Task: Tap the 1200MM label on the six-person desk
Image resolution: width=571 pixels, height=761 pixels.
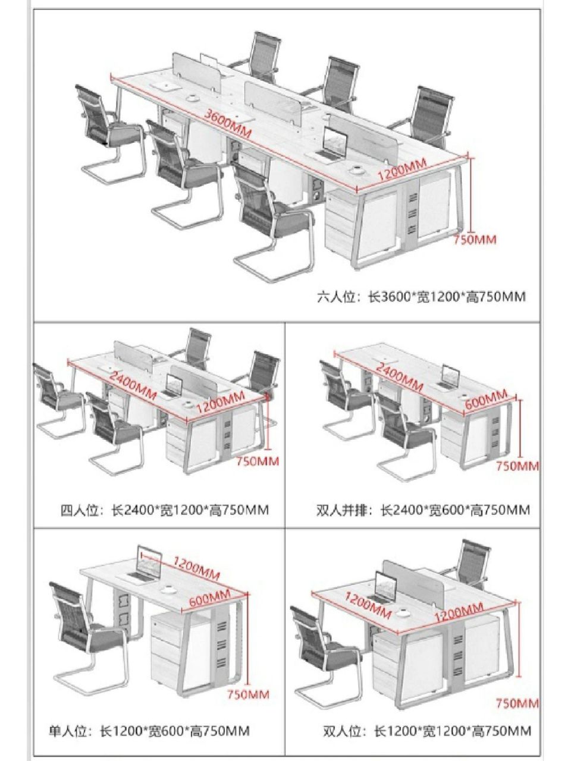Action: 402,170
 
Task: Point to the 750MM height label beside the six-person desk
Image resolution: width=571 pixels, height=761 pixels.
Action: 475,240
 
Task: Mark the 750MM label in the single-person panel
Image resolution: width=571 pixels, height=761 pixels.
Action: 248,694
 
